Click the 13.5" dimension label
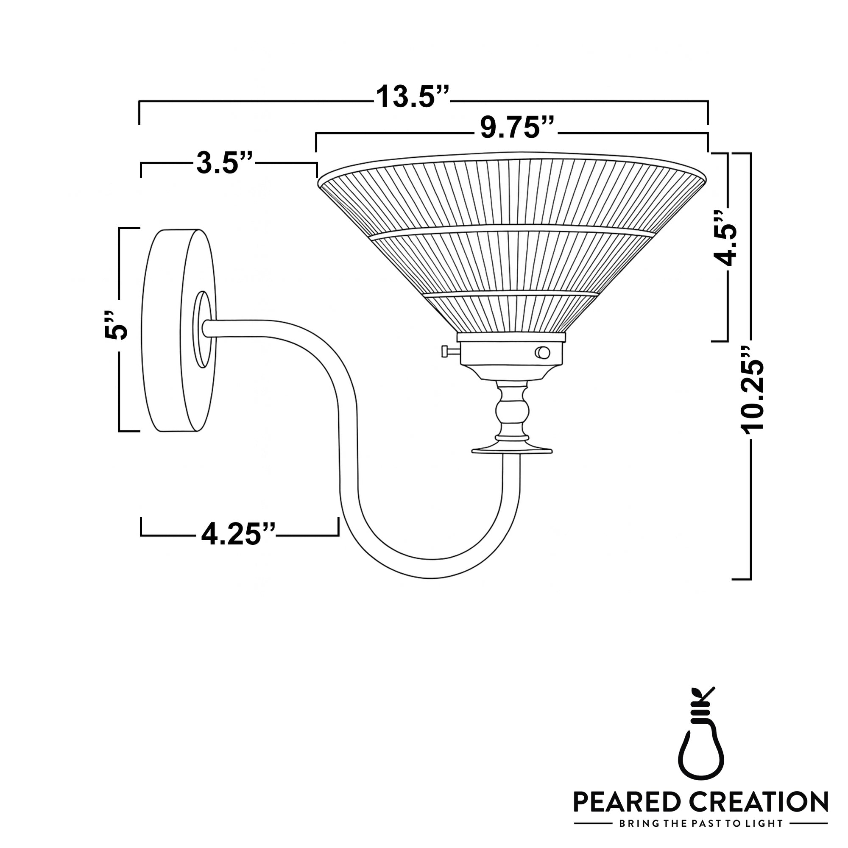pos(413,98)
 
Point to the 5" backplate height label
pos(115,326)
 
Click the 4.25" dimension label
pos(238,535)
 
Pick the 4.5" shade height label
pos(724,239)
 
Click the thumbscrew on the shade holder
pos(449,351)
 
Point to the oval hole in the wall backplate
pos(202,329)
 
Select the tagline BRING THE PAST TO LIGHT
pos(700,823)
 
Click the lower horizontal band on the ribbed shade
pos(512,293)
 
